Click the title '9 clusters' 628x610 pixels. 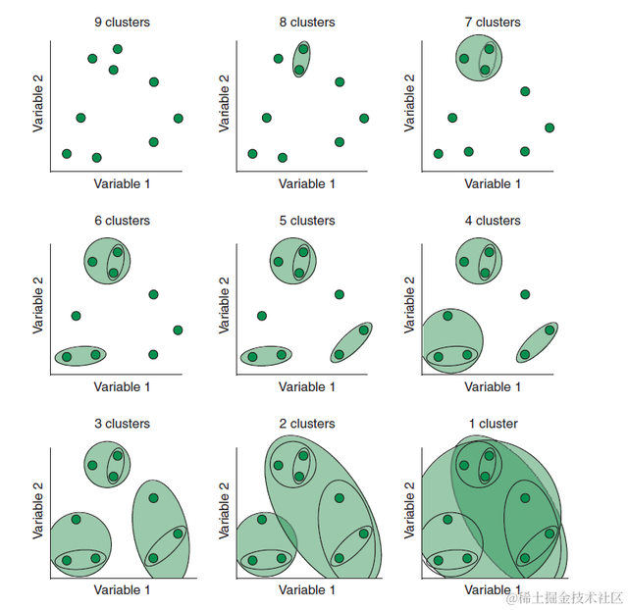pyautogui.click(x=122, y=22)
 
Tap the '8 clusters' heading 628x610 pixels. pyautogui.click(x=306, y=22)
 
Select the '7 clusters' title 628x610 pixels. pyautogui.click(x=492, y=22)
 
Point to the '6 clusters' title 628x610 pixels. pyautogui.click(x=122, y=221)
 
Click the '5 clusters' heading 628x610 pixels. pyautogui.click(x=306, y=221)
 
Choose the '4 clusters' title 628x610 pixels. pyautogui.click(x=492, y=221)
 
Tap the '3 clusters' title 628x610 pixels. pyautogui.click(x=122, y=424)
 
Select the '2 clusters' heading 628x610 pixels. pyautogui.click(x=306, y=424)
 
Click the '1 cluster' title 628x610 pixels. pyautogui.click(x=492, y=424)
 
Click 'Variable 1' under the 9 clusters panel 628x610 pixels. pyautogui.click(x=122, y=183)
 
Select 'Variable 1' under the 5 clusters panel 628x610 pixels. pyautogui.click(x=306, y=386)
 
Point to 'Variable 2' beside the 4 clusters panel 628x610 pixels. pyautogui.click(x=409, y=305)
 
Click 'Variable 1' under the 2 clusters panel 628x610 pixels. pyautogui.click(x=306, y=590)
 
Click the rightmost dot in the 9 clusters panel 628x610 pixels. pyautogui.click(x=179, y=119)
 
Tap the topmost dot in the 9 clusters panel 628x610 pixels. pyautogui.click(x=118, y=49)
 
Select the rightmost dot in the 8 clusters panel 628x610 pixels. pyautogui.click(x=364, y=119)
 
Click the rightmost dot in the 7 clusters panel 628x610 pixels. pyautogui.click(x=549, y=127)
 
